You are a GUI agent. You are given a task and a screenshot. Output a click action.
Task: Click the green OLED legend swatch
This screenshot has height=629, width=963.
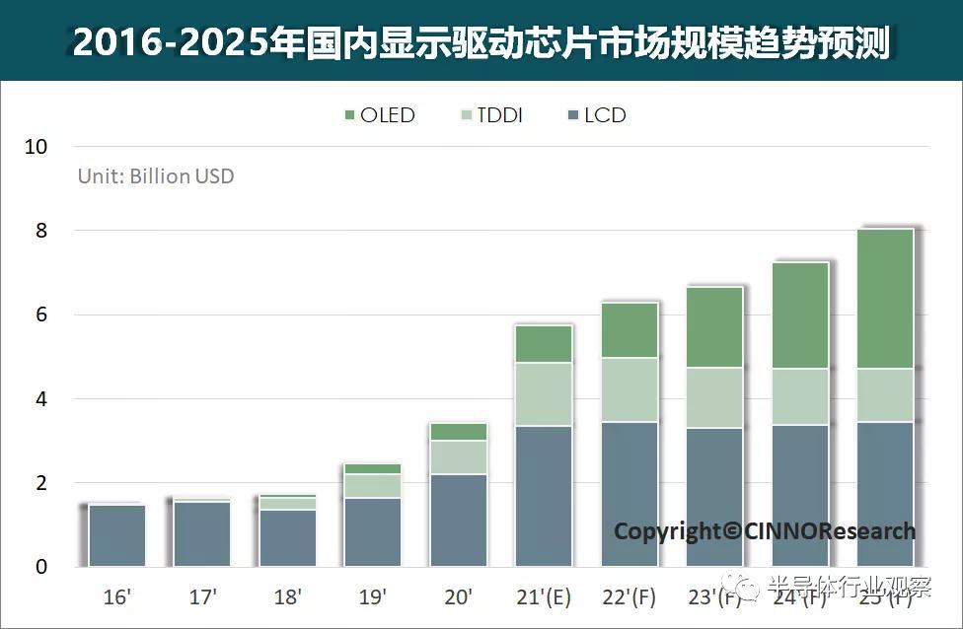click(348, 116)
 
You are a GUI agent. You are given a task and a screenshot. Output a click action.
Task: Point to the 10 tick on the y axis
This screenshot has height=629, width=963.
click(36, 147)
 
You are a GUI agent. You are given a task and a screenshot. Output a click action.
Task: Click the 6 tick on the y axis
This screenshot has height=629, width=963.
click(40, 315)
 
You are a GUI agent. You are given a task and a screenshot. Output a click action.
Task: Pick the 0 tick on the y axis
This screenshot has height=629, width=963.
click(40, 567)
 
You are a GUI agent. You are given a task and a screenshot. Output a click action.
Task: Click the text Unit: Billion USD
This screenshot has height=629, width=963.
click(156, 176)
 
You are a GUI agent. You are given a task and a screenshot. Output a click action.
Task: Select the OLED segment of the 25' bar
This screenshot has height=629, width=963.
click(884, 299)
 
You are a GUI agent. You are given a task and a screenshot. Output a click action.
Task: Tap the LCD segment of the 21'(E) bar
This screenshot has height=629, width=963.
click(544, 496)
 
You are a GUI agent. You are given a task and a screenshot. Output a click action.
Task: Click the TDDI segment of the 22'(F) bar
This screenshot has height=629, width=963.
click(630, 389)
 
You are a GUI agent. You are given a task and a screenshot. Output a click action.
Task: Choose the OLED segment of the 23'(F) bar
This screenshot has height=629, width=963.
click(714, 327)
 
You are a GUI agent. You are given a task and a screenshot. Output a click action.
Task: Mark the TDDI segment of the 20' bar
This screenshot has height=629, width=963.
click(459, 457)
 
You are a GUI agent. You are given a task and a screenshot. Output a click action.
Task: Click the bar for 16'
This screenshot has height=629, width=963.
click(117, 535)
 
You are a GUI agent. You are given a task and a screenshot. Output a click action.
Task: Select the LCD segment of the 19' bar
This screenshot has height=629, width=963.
click(373, 532)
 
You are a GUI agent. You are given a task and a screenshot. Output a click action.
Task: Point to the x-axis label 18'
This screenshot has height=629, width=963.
click(287, 596)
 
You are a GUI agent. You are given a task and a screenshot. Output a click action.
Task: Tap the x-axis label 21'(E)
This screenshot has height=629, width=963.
click(544, 596)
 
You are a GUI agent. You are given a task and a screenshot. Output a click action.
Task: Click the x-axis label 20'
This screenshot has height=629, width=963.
click(458, 596)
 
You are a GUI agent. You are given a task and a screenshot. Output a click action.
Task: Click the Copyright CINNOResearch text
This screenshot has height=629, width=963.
click(765, 531)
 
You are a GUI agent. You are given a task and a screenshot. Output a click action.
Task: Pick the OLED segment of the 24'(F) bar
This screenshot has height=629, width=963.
click(799, 315)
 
